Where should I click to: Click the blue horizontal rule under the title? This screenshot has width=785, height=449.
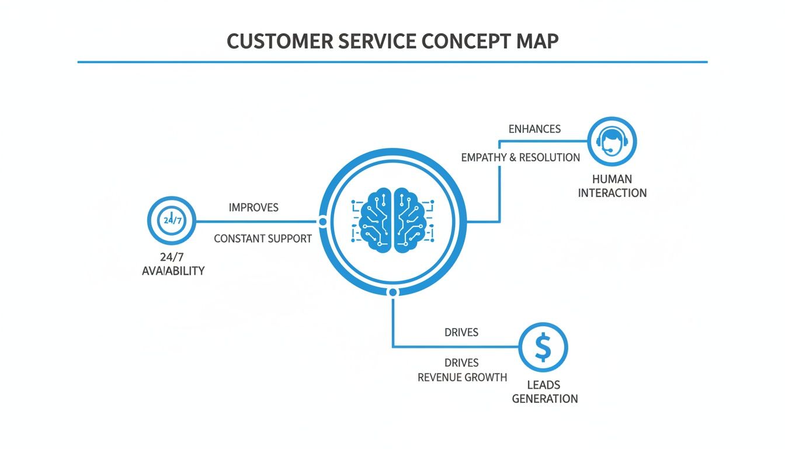click(x=392, y=61)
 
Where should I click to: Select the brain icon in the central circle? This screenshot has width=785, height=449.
click(x=392, y=222)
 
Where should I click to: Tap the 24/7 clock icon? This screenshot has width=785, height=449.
click(x=172, y=221)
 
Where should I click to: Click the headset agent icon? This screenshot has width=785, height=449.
click(x=612, y=141)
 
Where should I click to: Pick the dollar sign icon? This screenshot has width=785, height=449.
click(x=543, y=348)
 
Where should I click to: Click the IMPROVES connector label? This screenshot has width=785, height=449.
click(x=253, y=208)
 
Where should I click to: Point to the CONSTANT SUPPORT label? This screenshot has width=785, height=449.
click(x=262, y=239)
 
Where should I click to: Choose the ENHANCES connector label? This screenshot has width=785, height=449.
click(x=534, y=129)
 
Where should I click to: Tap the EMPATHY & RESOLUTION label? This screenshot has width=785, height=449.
click(x=520, y=158)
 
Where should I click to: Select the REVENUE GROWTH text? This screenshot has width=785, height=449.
click(x=462, y=377)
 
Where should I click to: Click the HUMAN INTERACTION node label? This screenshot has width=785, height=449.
click(x=612, y=186)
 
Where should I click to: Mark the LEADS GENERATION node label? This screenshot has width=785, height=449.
click(x=544, y=392)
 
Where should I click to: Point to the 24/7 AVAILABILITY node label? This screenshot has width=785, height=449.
click(x=173, y=264)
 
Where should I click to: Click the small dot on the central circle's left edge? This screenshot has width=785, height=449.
click(x=322, y=222)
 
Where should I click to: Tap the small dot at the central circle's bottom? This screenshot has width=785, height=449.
click(x=393, y=292)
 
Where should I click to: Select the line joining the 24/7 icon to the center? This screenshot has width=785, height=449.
click(x=257, y=222)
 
